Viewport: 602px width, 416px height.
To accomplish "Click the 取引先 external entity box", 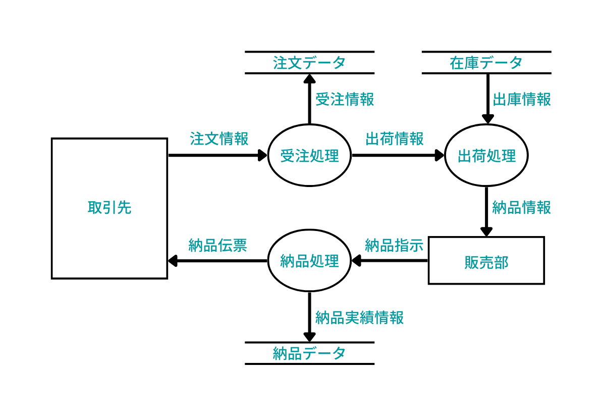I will (x=110, y=208).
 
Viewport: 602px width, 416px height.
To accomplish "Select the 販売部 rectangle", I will (x=486, y=261).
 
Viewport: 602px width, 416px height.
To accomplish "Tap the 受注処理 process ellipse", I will (x=309, y=155).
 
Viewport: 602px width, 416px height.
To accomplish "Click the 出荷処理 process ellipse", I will (x=486, y=155).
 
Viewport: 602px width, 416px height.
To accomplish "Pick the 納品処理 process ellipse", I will (x=309, y=261).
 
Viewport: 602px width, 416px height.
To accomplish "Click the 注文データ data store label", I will (x=309, y=63).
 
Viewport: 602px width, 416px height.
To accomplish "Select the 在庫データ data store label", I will (x=486, y=63).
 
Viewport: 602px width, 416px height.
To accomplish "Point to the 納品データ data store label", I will (x=309, y=353).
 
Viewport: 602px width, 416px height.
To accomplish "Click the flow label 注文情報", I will (x=219, y=138).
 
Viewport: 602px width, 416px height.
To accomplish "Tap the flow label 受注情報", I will (x=345, y=99).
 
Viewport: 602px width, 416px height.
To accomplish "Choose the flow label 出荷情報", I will (x=395, y=138).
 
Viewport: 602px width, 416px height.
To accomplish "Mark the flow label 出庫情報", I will (x=521, y=99).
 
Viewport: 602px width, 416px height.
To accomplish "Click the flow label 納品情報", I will (x=521, y=207).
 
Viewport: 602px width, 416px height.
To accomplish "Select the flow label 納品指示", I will (x=394, y=245).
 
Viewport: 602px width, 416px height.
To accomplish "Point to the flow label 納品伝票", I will (x=217, y=245).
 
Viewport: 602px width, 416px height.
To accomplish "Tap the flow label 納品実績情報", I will (x=359, y=317).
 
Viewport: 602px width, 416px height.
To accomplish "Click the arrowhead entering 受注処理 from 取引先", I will (x=262, y=155).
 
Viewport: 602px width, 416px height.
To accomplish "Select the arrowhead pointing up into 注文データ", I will (x=309, y=78).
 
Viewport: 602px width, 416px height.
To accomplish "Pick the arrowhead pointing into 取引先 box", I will (x=173, y=261).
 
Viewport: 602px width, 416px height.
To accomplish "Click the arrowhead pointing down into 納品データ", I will (x=309, y=337).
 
